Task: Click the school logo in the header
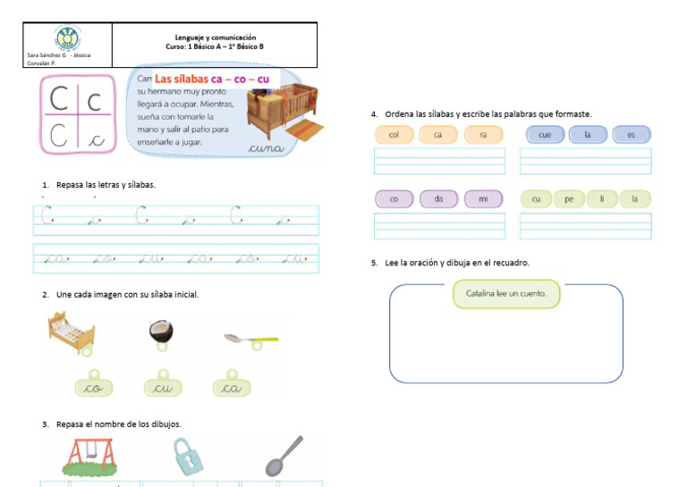coord(67,38)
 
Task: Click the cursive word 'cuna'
coord(266,147)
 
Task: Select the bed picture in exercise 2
coord(72,332)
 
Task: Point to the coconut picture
coord(161,332)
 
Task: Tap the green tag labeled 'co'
coord(92,388)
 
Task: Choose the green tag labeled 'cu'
coord(163,388)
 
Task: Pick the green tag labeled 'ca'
coord(232,388)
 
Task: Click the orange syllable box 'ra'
coord(482,135)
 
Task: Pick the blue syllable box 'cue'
coord(544,135)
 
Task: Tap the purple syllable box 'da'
coord(438,199)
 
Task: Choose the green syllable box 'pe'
coord(568,199)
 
